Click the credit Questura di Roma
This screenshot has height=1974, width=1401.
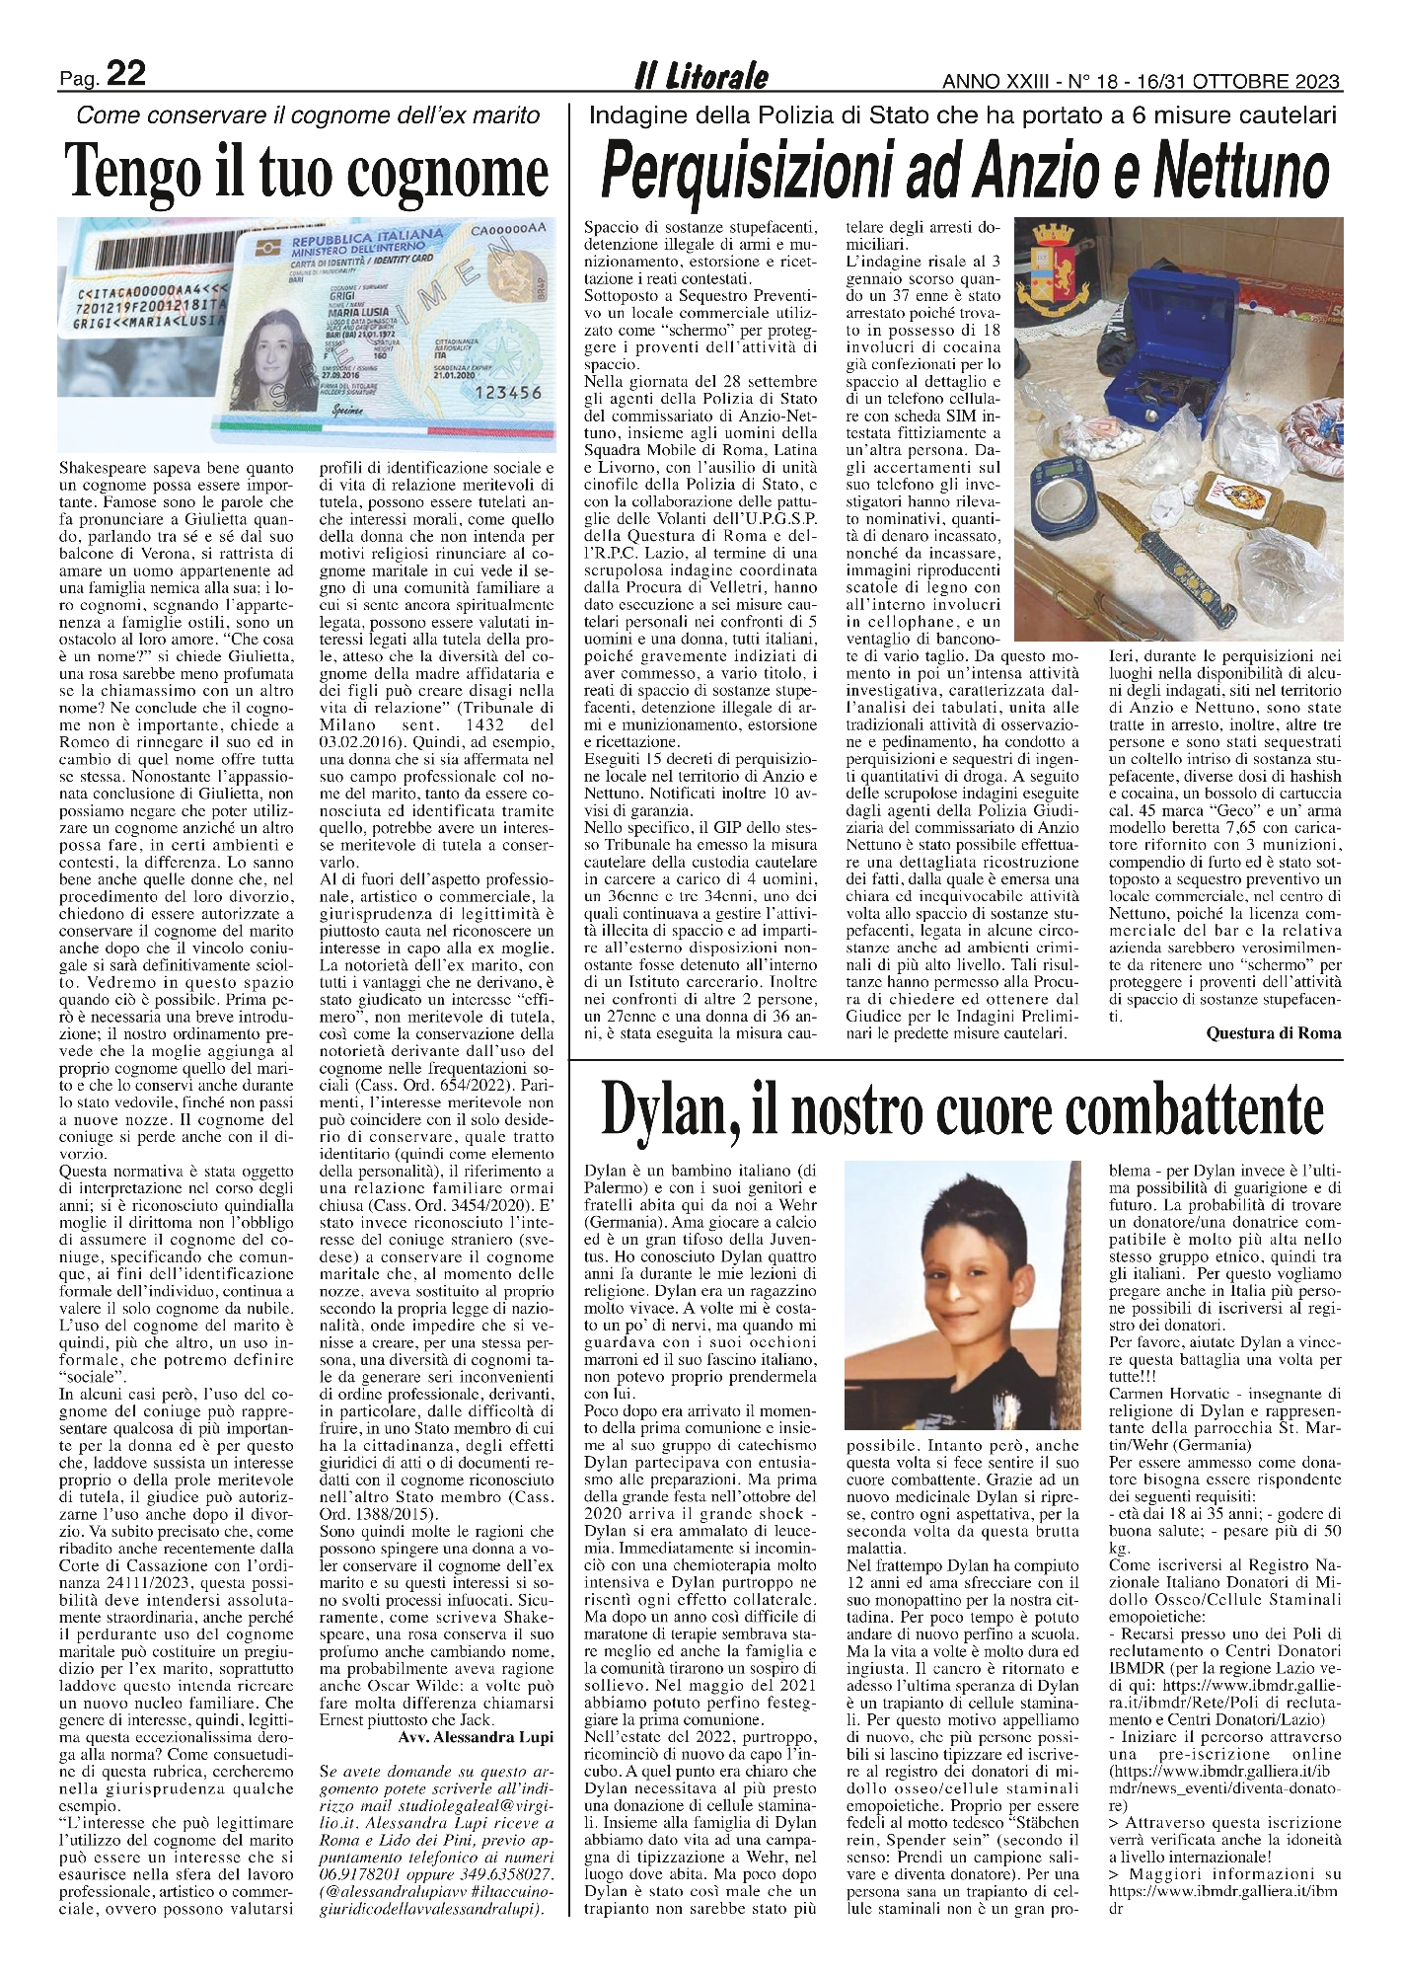tap(1273, 1032)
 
